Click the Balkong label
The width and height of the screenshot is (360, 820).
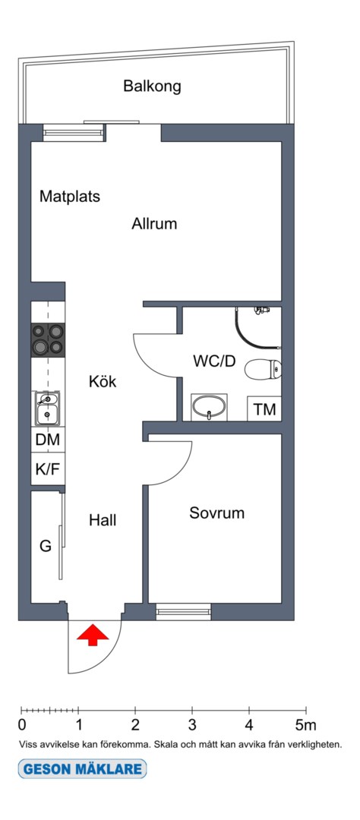(x=152, y=87)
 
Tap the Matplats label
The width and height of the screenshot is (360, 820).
(x=70, y=197)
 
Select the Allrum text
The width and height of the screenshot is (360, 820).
(x=154, y=224)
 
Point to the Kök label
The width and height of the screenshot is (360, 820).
(x=103, y=381)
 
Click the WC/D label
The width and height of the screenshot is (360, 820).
(x=213, y=361)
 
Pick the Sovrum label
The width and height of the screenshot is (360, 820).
(x=216, y=513)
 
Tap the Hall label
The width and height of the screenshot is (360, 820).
(x=103, y=520)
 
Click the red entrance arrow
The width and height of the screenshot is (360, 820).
(x=93, y=634)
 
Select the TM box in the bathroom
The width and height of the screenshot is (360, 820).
(x=264, y=409)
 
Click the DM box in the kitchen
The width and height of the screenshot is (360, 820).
(x=48, y=440)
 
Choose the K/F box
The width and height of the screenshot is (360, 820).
(x=48, y=468)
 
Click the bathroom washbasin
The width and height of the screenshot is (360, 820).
(x=210, y=407)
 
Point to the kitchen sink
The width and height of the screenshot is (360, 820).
(x=46, y=408)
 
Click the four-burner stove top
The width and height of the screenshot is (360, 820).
(x=48, y=340)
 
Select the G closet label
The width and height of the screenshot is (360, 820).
(x=46, y=547)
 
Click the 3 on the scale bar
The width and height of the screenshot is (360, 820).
(x=192, y=725)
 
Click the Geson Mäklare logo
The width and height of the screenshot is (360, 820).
(x=82, y=768)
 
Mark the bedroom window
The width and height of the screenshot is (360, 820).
(x=184, y=611)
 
